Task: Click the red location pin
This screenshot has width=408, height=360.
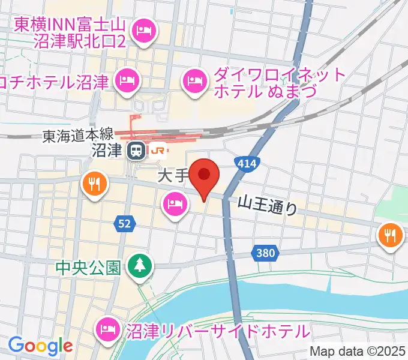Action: [204, 175]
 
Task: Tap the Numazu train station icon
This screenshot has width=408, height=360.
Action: [134, 151]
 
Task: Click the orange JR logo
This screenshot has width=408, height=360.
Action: [159, 151]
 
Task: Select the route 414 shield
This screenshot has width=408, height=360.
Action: [245, 163]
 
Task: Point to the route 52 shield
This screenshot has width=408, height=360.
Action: [124, 224]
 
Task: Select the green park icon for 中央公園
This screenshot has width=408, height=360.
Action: [140, 265]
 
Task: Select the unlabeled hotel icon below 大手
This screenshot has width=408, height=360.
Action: [174, 204]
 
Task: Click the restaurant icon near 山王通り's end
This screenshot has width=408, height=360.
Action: [391, 233]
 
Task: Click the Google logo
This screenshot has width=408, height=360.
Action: [40, 346]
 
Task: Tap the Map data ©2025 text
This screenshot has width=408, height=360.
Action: [358, 351]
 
